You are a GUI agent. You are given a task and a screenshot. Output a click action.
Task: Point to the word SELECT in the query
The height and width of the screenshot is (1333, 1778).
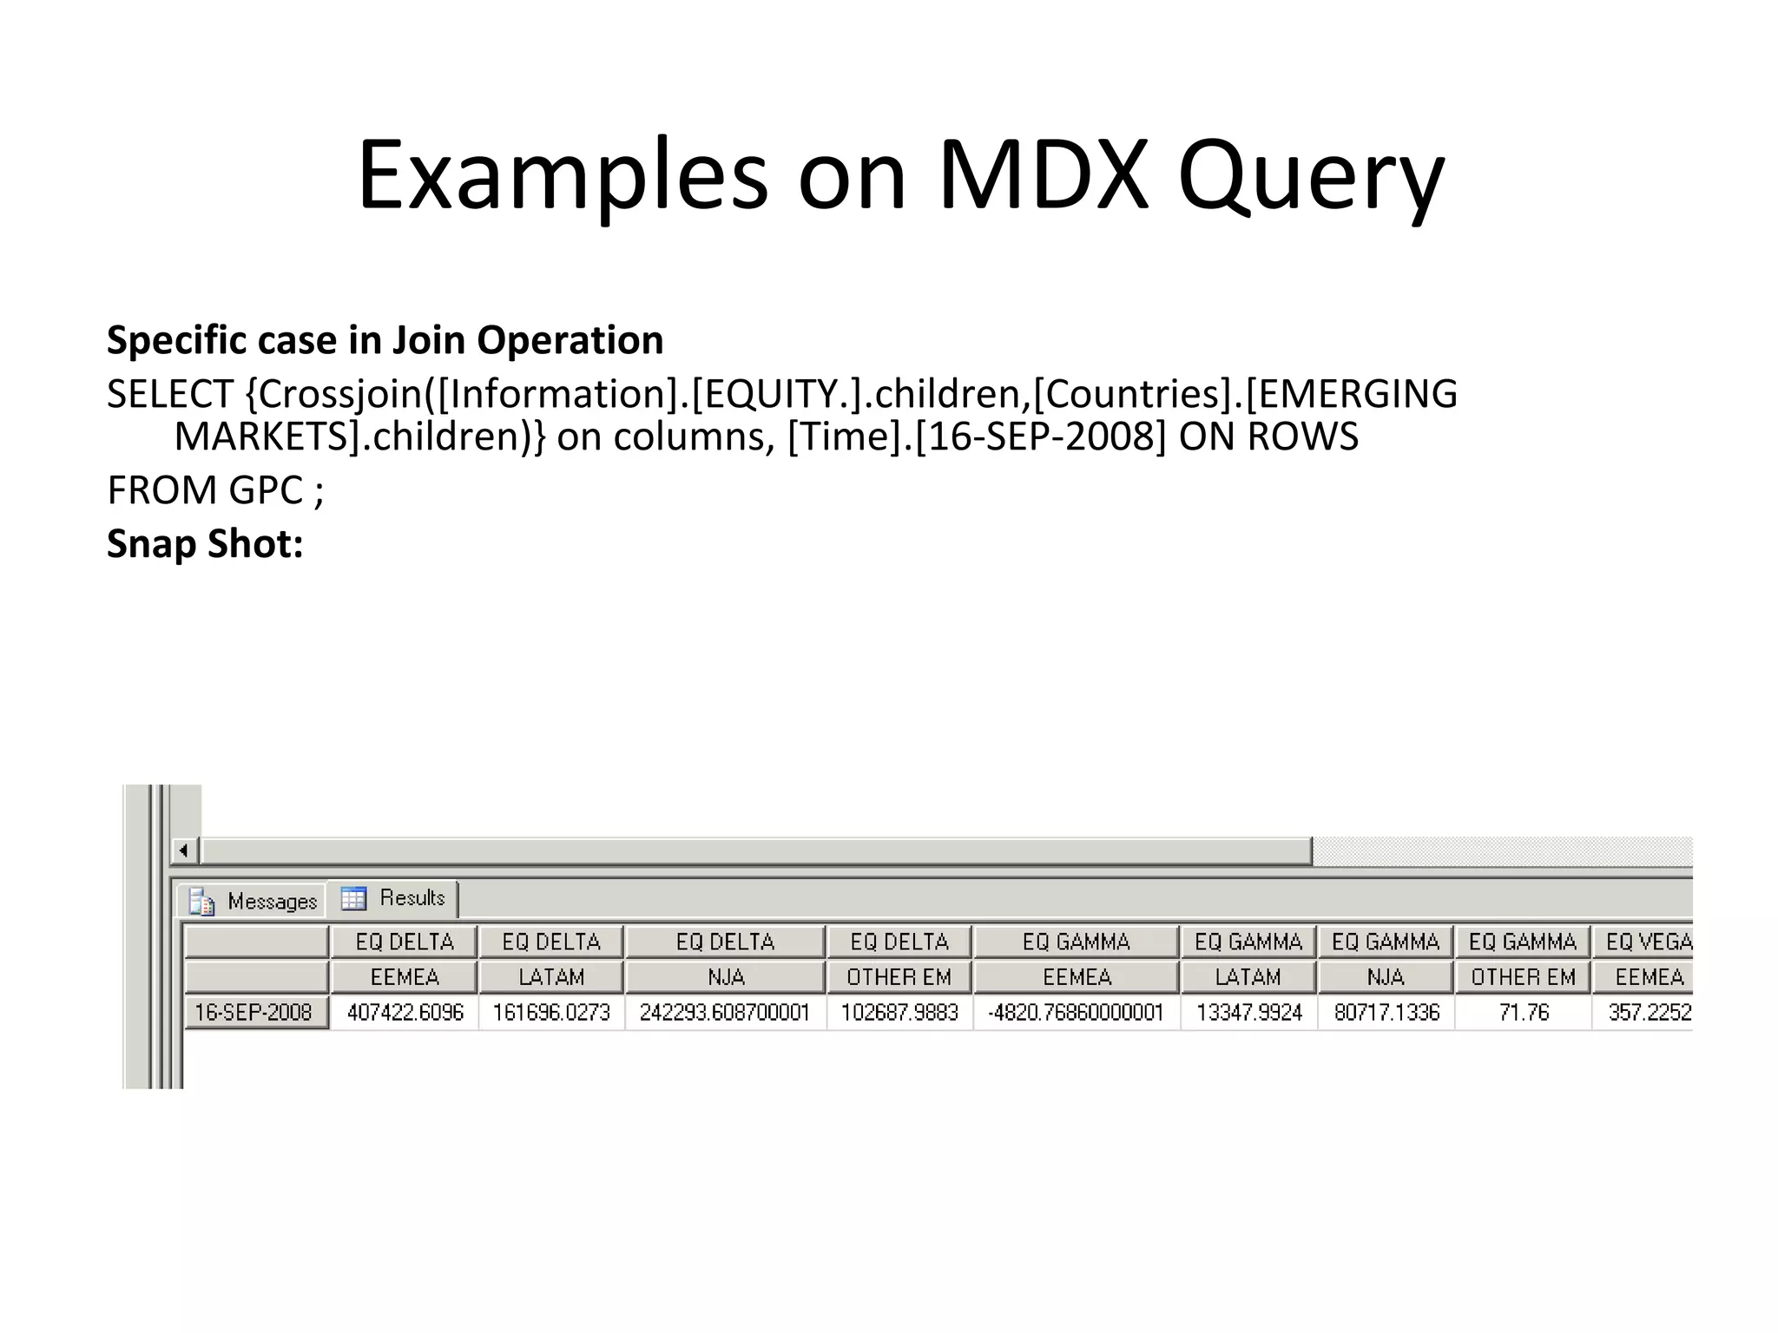[x=170, y=394]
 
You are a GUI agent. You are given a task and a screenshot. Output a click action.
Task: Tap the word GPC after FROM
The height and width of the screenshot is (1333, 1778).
[x=266, y=490]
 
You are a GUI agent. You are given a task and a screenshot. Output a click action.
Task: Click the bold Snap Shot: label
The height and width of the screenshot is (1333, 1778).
[x=205, y=544]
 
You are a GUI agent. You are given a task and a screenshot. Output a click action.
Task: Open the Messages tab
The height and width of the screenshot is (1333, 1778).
[x=254, y=901]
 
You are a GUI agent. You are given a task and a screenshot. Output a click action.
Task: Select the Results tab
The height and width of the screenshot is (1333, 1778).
[x=396, y=898]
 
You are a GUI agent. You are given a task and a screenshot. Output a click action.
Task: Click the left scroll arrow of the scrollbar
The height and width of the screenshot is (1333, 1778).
[x=184, y=850]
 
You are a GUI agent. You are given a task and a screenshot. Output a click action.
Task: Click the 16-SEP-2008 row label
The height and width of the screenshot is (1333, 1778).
[x=254, y=1012]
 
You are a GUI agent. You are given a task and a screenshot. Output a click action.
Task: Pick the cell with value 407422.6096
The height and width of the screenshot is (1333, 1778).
[x=405, y=1012]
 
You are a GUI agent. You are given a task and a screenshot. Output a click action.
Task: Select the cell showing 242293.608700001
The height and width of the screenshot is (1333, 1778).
[x=725, y=1012]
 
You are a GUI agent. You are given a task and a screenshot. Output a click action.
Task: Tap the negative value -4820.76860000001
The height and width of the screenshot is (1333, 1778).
[x=1076, y=1012]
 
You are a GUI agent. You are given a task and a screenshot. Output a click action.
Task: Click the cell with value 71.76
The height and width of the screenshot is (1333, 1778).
[x=1523, y=1012]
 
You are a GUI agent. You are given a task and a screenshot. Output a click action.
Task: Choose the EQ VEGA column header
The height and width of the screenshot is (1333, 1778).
[x=1647, y=942]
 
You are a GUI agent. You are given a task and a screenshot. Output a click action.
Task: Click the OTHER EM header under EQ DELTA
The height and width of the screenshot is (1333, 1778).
[x=899, y=977]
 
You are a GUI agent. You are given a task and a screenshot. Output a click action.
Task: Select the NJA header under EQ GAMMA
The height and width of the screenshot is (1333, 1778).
[x=1386, y=977]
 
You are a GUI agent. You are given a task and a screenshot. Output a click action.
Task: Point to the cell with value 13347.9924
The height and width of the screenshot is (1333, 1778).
[x=1248, y=1012]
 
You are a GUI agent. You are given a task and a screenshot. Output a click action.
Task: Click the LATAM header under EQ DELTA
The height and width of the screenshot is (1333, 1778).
[x=551, y=977]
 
